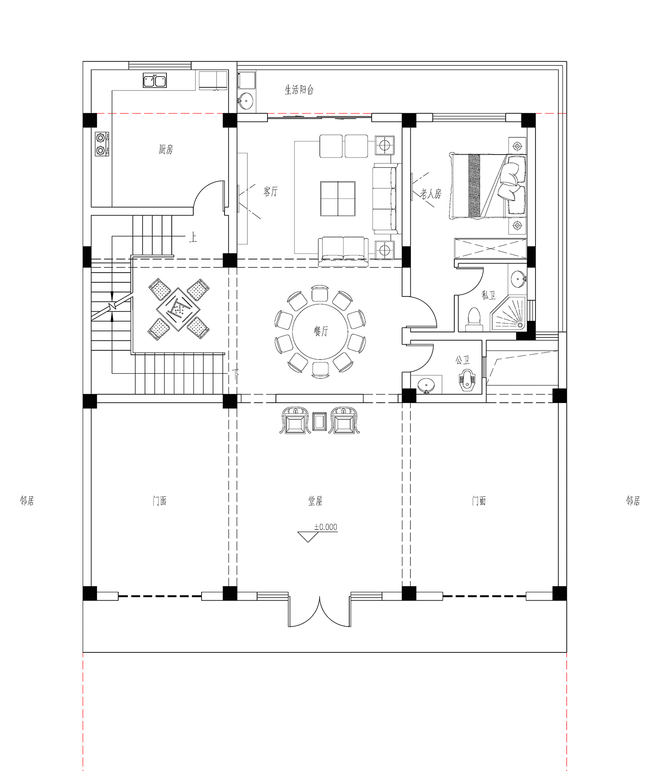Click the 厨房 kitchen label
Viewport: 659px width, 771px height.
coord(166,149)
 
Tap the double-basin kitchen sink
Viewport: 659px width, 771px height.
coord(155,81)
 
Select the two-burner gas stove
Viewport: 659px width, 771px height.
coord(101,144)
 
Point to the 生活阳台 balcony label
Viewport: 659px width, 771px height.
coord(299,90)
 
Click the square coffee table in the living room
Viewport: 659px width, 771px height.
coord(337,198)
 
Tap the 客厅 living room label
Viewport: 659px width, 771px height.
coord(271,191)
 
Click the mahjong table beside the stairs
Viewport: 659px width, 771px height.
coord(178,309)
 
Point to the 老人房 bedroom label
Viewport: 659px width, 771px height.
coord(431,194)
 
